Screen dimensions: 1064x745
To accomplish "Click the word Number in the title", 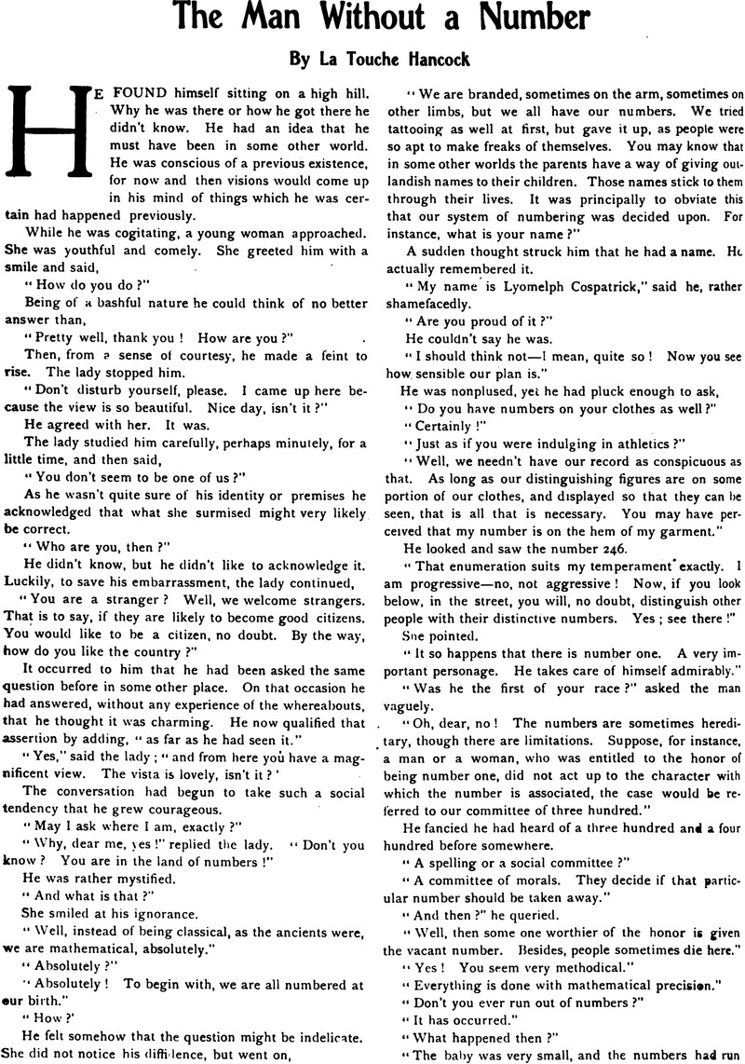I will (x=524, y=19).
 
